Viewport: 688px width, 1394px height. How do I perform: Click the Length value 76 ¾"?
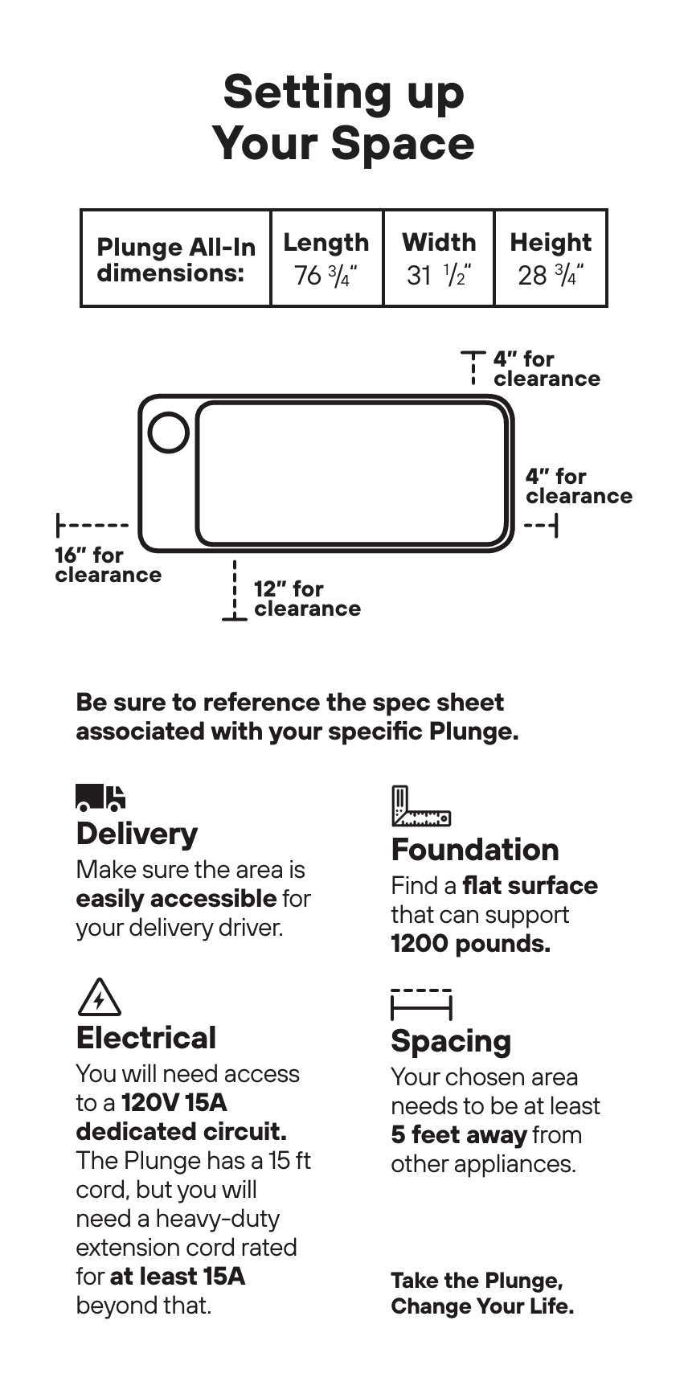pos(326,276)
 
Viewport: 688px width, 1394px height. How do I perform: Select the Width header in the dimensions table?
pos(439,242)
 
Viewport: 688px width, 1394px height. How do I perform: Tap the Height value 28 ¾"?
pos(551,276)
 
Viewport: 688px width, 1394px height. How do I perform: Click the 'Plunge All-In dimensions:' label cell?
pos(175,260)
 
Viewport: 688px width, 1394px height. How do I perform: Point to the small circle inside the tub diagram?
pos(169,433)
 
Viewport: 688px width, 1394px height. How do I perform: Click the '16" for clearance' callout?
pos(108,565)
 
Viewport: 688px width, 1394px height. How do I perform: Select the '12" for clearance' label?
pos(306,599)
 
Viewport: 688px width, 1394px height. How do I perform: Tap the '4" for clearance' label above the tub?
pos(546,369)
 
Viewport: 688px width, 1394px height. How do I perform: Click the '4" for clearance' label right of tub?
pos(579,486)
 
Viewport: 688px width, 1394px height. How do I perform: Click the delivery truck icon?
pos(100,797)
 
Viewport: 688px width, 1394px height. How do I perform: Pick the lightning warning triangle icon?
pos(100,998)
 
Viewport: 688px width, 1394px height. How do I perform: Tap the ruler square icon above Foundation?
pos(420,806)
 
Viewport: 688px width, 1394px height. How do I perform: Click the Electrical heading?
pos(145,1038)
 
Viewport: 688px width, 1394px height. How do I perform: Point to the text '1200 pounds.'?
pos(470,944)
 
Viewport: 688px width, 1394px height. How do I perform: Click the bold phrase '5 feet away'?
pos(458,1135)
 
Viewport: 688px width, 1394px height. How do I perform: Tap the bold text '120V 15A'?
pos(174,1103)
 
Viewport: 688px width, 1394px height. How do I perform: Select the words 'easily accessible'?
pos(176,899)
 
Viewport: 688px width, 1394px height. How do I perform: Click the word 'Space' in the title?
pos(402,143)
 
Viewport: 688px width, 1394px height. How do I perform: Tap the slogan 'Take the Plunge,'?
pos(477,1281)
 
